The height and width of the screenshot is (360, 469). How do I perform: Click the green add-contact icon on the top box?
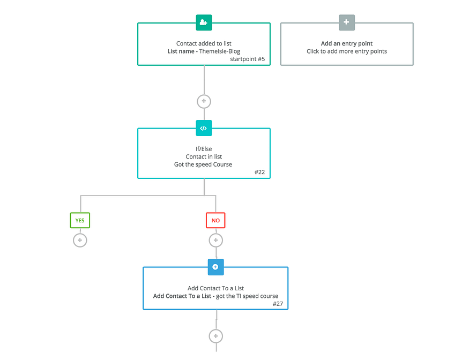[x=204, y=22]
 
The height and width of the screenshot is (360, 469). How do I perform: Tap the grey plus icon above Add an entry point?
[x=346, y=22]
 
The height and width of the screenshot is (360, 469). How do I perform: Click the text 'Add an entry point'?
[x=346, y=43]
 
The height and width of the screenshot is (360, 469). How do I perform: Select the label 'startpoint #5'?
[x=248, y=59]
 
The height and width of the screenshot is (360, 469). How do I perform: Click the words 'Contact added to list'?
[x=204, y=43]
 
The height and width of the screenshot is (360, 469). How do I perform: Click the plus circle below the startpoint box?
[x=204, y=101]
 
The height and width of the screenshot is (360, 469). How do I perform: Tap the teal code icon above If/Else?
[x=204, y=128]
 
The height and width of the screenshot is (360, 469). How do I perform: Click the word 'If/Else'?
[x=203, y=148]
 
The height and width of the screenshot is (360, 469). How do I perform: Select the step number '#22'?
[x=259, y=172]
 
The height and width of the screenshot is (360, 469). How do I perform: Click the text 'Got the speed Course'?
[x=203, y=164]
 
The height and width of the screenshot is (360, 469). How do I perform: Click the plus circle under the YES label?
[x=80, y=241]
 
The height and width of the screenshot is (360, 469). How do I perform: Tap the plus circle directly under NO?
[x=215, y=241]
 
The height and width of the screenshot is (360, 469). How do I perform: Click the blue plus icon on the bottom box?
[x=215, y=267]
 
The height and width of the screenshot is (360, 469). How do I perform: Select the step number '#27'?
[x=278, y=304]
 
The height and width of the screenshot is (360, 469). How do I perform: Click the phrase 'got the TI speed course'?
[x=247, y=296]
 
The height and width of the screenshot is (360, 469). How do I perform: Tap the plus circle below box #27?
[x=215, y=336]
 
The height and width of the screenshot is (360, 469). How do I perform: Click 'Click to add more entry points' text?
[x=346, y=51]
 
